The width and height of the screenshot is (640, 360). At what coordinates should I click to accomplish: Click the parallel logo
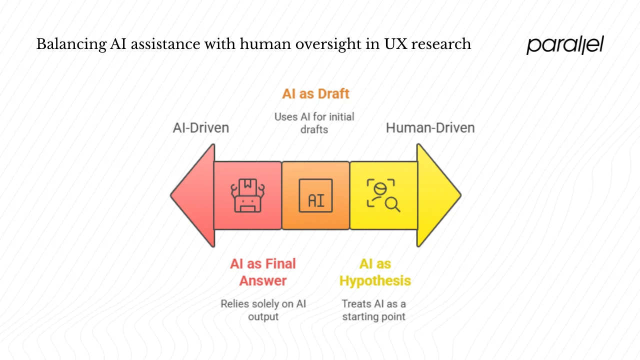click(x=565, y=44)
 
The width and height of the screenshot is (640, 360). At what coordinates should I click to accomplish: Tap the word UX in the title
click(x=397, y=44)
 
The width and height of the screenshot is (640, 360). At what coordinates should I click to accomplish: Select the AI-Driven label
click(x=201, y=128)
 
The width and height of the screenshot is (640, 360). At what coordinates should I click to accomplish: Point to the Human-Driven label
click(x=430, y=128)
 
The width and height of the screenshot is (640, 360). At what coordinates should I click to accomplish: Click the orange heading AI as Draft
click(x=315, y=93)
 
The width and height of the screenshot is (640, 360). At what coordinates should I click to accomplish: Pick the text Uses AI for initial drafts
click(x=314, y=123)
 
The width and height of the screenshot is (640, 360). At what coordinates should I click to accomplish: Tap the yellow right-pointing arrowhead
click(x=437, y=195)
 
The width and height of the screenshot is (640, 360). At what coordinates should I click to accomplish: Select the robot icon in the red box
click(x=247, y=195)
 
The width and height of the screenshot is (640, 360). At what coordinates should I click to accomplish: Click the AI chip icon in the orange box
click(x=315, y=195)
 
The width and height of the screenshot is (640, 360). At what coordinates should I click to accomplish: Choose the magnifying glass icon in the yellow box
click(x=383, y=195)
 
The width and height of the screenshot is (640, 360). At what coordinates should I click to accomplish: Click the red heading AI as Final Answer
click(x=263, y=272)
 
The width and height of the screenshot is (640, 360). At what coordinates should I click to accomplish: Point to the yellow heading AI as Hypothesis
click(x=375, y=272)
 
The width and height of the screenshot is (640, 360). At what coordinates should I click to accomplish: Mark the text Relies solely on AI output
click(x=263, y=310)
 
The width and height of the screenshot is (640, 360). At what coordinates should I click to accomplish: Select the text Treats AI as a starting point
click(x=373, y=310)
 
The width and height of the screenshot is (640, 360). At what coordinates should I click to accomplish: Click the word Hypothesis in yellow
click(x=375, y=280)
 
